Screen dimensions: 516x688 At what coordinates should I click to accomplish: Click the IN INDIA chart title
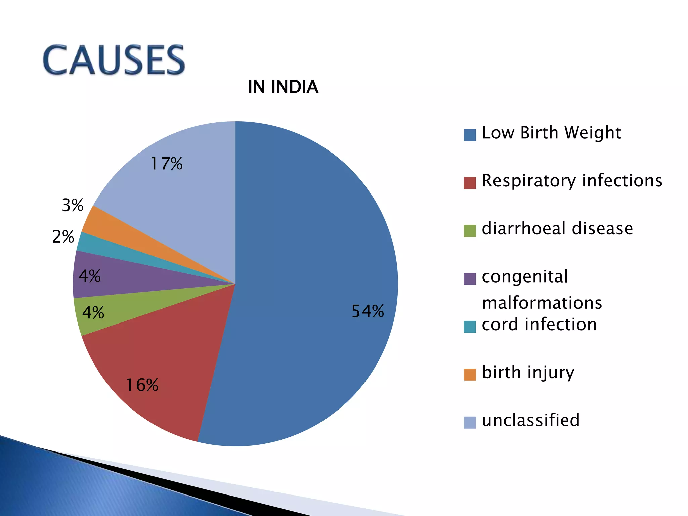coord(283,87)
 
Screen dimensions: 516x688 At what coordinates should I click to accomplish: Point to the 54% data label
coord(368,311)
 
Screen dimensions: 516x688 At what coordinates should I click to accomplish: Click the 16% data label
coord(142,385)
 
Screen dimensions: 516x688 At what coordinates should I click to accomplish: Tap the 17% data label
coord(166,164)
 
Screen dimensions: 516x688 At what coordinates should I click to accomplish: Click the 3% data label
coord(73,205)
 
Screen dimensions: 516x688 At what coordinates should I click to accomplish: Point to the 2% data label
coord(63,237)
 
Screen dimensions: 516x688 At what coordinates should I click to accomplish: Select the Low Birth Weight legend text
coord(551,133)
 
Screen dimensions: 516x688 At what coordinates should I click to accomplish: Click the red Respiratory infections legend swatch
coord(470,183)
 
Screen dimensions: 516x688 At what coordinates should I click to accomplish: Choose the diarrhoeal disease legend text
coord(557,229)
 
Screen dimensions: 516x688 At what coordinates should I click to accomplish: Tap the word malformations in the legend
coord(542,303)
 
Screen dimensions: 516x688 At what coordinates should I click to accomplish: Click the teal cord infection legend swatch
coord(470,327)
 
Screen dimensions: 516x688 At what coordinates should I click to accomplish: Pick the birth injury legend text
coord(528,373)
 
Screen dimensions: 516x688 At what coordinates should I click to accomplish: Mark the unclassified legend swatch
coord(470,422)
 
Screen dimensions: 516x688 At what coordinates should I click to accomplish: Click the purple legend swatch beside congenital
coord(470,278)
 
